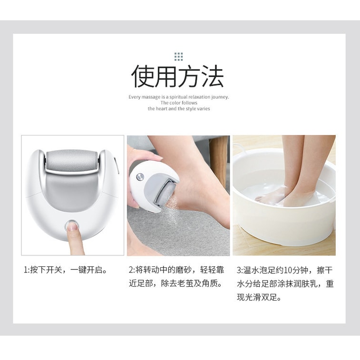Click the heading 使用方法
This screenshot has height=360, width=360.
pyautogui.click(x=178, y=77)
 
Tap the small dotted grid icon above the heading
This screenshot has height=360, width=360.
pyautogui.click(x=178, y=57)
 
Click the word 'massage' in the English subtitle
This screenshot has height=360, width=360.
pyautogui.click(x=151, y=97)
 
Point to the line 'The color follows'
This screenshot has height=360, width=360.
pyautogui.click(x=179, y=103)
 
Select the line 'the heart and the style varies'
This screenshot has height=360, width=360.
pyautogui.click(x=178, y=109)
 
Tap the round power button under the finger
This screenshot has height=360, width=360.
pyautogui.click(x=72, y=224)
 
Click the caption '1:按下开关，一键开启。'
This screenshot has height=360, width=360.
pyautogui.click(x=66, y=270)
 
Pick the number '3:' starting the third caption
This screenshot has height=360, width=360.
pyautogui.click(x=240, y=270)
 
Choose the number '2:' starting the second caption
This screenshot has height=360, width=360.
pyautogui.click(x=132, y=270)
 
